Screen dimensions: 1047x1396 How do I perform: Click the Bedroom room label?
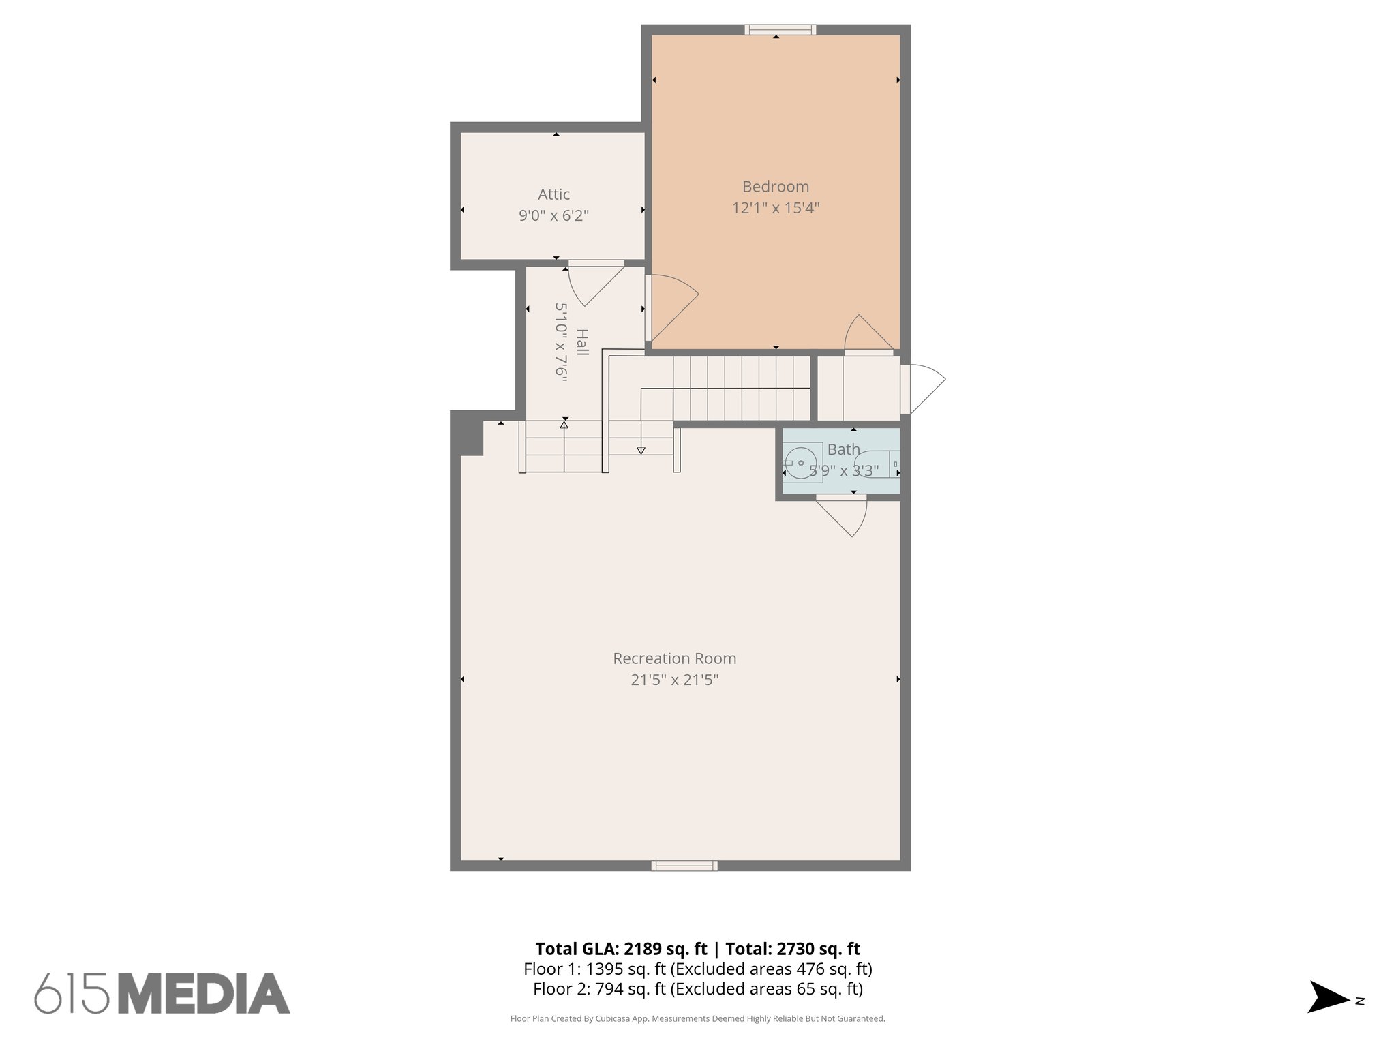(775, 187)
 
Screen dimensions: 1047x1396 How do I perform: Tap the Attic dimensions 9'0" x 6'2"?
(553, 216)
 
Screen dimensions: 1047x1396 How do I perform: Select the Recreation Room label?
(674, 658)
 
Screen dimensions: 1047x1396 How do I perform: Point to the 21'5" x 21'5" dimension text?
(674, 680)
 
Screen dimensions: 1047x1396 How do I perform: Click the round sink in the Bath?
(800, 464)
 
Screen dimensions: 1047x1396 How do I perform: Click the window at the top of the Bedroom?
(780, 29)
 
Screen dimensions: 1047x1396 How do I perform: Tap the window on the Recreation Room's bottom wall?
(684, 866)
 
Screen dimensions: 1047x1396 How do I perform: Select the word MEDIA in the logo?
(204, 994)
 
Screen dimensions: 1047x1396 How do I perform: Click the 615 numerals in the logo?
(72, 994)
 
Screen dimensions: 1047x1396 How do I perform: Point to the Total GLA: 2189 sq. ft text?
(621, 949)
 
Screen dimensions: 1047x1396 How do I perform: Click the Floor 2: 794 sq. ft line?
(697, 988)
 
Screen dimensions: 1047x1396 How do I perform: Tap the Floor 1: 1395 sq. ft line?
(697, 969)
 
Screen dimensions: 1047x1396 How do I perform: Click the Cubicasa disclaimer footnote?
(697, 1019)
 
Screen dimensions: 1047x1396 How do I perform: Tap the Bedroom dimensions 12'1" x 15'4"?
(775, 208)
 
